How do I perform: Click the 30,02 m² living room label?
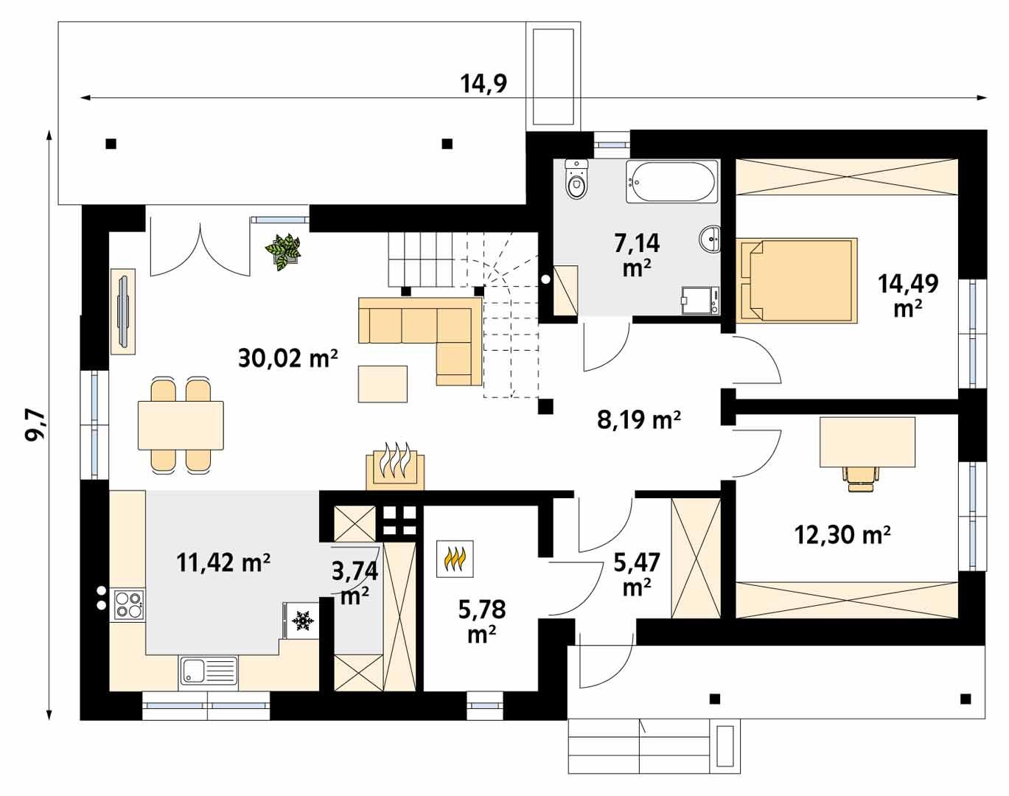(287, 358)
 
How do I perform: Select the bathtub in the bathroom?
(671, 181)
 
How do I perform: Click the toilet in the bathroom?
(576, 180)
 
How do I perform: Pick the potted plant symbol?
(283, 251)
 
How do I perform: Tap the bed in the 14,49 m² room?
(797, 280)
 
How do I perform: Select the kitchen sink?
(209, 671)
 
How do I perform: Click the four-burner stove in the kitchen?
(128, 604)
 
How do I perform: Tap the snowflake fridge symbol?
(301, 621)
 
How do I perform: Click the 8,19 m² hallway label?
(638, 420)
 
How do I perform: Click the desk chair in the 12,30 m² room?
(859, 477)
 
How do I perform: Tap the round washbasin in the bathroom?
(711, 239)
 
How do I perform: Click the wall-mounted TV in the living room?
(122, 310)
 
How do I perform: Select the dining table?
(181, 425)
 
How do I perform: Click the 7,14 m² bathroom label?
(637, 253)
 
